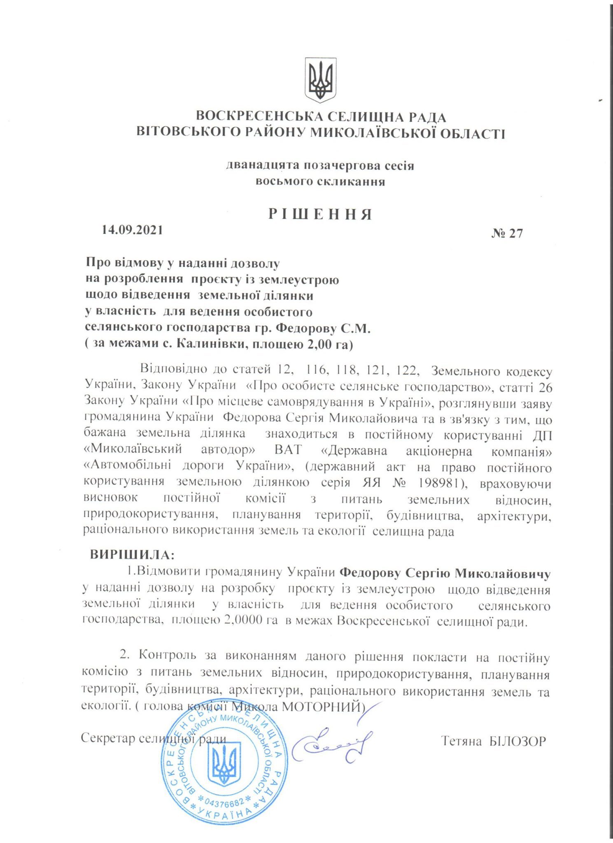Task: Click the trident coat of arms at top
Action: click(320, 80)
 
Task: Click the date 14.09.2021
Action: click(132, 230)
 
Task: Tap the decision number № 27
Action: click(507, 233)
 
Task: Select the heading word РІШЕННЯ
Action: click(320, 214)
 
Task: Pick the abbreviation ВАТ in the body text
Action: click(288, 450)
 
